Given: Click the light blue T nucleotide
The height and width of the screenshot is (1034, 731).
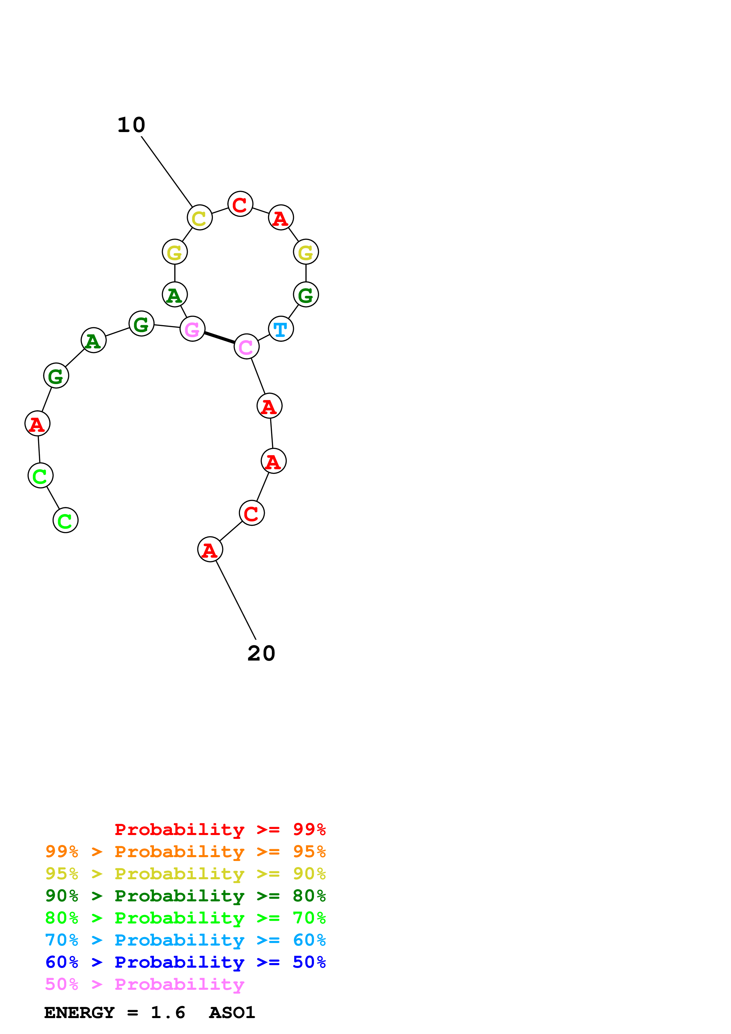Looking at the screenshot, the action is [x=281, y=329].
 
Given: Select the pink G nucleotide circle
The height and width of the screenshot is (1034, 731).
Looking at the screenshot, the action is [x=192, y=329].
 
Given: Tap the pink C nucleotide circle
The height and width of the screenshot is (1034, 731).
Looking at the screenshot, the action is [x=246, y=346].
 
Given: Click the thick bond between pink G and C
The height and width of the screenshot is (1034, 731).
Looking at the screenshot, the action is [x=219, y=338].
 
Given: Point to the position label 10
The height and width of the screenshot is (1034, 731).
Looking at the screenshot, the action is [x=131, y=125].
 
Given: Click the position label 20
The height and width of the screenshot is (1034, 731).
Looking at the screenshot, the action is [x=261, y=653].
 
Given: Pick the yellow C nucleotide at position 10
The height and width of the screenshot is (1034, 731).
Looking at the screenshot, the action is [x=200, y=218].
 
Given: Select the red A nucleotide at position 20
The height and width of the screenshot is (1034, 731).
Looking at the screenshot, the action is [x=210, y=549].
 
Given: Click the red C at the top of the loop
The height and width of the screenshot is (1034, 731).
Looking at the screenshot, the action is [x=240, y=204].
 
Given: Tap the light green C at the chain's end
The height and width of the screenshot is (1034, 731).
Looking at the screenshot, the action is [x=65, y=520].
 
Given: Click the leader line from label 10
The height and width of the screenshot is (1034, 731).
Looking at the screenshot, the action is [x=167, y=171].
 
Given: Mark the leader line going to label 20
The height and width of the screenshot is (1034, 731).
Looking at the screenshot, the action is [x=236, y=600].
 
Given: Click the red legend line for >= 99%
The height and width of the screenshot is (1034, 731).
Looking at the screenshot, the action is [x=220, y=829].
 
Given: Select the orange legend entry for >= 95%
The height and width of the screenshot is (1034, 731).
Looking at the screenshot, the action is [x=185, y=852].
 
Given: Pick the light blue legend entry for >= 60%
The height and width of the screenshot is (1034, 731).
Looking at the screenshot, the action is [x=185, y=940].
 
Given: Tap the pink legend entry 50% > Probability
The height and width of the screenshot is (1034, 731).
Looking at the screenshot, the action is [x=144, y=984].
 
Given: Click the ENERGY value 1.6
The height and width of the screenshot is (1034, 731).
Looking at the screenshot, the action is [x=167, y=1013].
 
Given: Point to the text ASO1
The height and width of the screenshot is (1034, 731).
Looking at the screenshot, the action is [x=232, y=1013].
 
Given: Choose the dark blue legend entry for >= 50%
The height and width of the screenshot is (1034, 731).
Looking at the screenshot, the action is [x=185, y=962].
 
